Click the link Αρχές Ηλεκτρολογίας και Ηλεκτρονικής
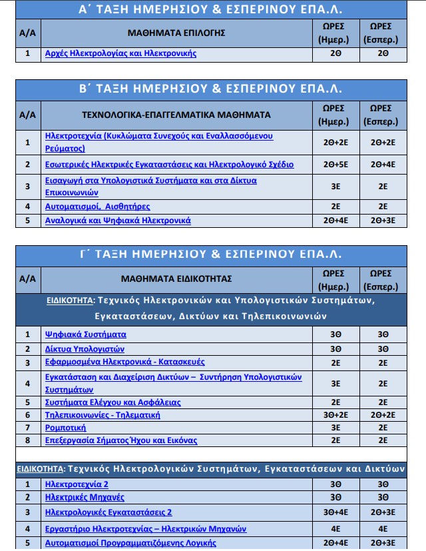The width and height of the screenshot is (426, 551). tap(120, 53)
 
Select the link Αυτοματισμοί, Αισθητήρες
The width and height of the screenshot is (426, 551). tap(97, 207)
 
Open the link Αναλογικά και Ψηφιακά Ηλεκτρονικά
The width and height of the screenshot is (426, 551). tap(118, 221)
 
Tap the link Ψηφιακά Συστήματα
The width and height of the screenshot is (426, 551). tap(85, 334)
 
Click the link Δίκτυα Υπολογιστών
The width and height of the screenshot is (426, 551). tap(85, 349)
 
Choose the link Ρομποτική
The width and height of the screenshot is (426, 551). tap(65, 428)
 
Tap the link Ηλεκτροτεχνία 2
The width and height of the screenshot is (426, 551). tap(76, 484)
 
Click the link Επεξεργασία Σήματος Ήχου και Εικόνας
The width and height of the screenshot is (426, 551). tap(120, 440)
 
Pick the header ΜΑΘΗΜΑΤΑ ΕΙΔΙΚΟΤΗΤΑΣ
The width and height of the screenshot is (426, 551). tap(176, 278)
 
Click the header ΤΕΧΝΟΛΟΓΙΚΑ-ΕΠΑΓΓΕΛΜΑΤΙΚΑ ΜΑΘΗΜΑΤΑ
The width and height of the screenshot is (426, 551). tap(176, 115)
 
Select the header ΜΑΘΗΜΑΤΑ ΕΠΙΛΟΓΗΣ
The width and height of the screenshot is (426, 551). tap(176, 32)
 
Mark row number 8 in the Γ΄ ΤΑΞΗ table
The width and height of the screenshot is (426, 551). tap(27, 440)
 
